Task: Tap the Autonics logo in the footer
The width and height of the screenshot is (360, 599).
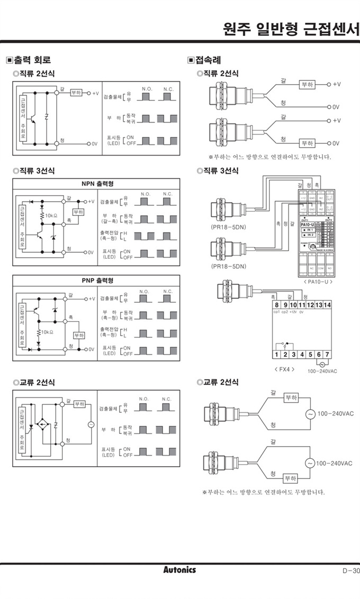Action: [x=179, y=570]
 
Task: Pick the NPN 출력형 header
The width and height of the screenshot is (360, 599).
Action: [x=97, y=184]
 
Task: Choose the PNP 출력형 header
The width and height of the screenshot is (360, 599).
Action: [x=97, y=280]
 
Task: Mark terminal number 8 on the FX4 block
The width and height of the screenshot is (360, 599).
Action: [x=276, y=305]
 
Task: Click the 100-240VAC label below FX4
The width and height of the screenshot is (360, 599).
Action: [x=322, y=371]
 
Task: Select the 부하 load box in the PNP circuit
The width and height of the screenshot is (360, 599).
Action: [x=78, y=335]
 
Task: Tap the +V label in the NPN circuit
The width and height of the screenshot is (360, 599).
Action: [x=91, y=202]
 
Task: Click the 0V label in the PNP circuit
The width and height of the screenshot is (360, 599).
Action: [x=91, y=349]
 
